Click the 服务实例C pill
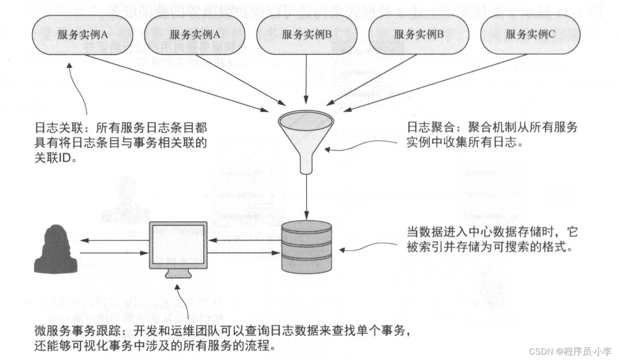[x=530, y=35]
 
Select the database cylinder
[x=306, y=248]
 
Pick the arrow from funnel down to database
[x=307, y=197]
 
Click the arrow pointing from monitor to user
[x=113, y=240]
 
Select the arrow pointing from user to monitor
[x=113, y=253]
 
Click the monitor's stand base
[x=178, y=274]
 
